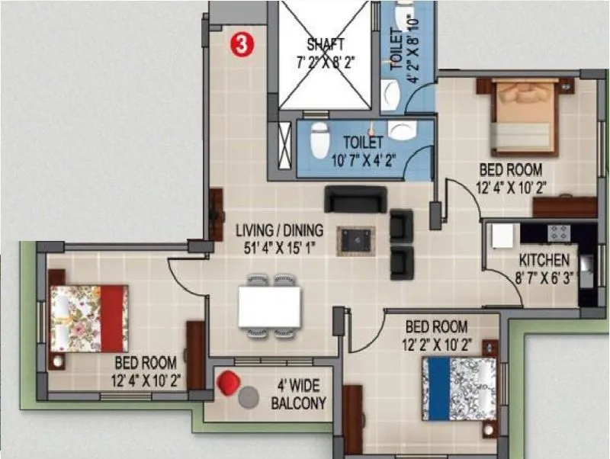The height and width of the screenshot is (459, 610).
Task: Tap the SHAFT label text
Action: click(x=326, y=43)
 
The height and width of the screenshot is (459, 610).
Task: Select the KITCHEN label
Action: click(x=544, y=259)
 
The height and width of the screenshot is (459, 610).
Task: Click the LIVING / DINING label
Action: click(x=279, y=230)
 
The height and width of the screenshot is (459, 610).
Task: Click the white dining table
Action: click(x=269, y=306)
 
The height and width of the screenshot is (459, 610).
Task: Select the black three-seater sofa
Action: click(x=355, y=199)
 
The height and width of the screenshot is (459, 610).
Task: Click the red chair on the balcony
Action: click(x=228, y=383)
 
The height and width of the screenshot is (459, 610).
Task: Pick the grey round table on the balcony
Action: click(x=249, y=396)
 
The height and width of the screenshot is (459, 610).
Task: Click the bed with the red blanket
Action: click(x=88, y=318)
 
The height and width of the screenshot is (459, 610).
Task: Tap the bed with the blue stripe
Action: click(x=458, y=389)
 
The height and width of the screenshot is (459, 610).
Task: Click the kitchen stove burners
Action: click(x=559, y=233)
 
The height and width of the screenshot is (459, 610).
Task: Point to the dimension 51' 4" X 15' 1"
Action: click(x=279, y=246)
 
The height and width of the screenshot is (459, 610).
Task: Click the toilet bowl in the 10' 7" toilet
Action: click(x=319, y=137)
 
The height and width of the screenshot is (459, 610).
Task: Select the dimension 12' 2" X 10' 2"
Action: click(x=435, y=342)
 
